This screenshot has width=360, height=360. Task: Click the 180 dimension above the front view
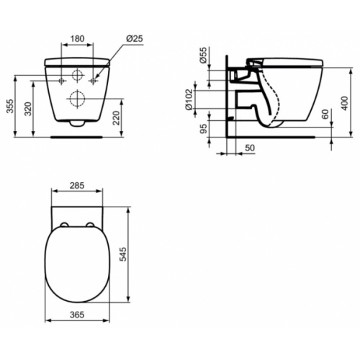click(78, 39)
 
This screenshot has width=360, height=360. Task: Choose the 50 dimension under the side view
click(248, 147)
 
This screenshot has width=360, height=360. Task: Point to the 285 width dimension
click(78, 185)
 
